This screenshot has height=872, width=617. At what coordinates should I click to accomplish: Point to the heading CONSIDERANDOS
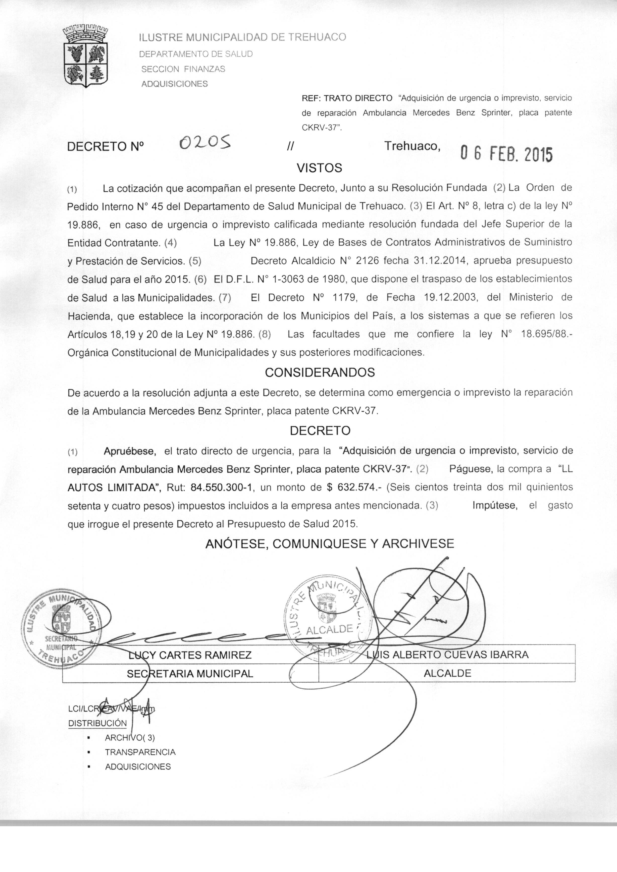pyautogui.click(x=319, y=372)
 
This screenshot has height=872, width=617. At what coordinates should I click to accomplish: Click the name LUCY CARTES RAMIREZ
pyautogui.click(x=190, y=655)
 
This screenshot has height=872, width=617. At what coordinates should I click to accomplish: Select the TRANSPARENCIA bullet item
pyautogui.click(x=140, y=752)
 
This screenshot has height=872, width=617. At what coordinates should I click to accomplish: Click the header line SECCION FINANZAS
pyautogui.click(x=183, y=69)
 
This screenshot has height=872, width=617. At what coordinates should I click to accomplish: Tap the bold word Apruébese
pyautogui.click(x=130, y=451)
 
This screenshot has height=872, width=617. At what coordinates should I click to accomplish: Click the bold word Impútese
pyautogui.click(x=495, y=506)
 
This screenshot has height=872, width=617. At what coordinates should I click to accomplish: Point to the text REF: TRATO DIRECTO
pyautogui.click(x=347, y=98)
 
